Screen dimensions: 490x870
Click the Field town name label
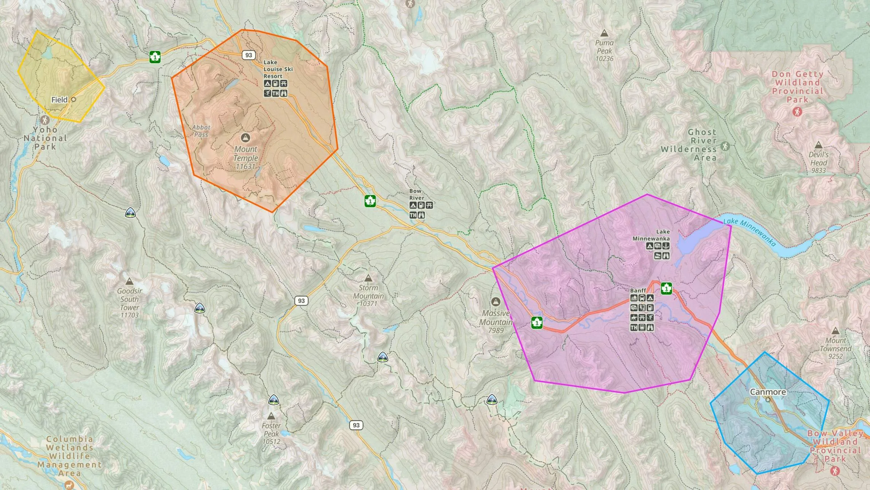[59, 100]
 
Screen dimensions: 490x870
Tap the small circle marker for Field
[74, 99]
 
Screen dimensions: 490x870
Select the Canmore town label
[768, 392]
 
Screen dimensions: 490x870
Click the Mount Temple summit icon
[245, 137]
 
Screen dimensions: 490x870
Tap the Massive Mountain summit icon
[495, 302]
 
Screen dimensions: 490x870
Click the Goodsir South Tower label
[129, 303]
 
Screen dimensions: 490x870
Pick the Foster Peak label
[271, 433]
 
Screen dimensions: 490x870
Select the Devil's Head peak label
[818, 162]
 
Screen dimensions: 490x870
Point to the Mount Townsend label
[835, 348]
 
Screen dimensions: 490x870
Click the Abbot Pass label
[201, 131]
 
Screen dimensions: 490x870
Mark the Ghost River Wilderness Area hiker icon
[725, 146]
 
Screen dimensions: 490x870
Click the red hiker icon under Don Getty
[797, 112]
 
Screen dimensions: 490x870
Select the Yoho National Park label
[45, 138]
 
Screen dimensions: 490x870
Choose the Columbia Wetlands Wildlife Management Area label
[70, 456]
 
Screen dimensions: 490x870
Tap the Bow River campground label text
[416, 194]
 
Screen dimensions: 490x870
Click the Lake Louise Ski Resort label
[278, 69]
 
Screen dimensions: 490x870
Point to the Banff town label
[638, 290]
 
